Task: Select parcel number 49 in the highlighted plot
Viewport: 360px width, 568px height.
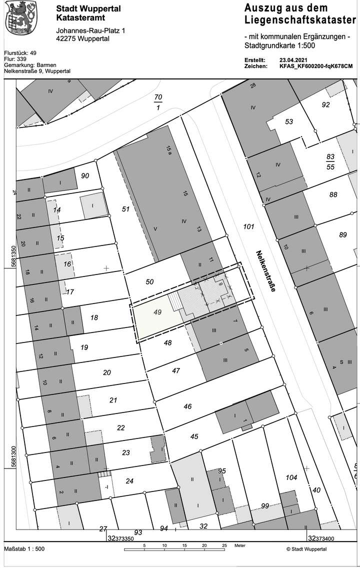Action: (x=157, y=312)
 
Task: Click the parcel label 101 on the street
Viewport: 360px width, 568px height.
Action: (x=248, y=227)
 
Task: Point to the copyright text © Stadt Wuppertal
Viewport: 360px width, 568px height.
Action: (x=306, y=548)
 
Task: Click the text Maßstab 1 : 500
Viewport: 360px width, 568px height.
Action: (x=24, y=548)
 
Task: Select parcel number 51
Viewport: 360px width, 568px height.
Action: (x=125, y=208)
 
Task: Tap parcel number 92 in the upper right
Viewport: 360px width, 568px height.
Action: (x=326, y=104)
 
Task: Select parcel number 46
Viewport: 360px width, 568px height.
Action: (x=187, y=406)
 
